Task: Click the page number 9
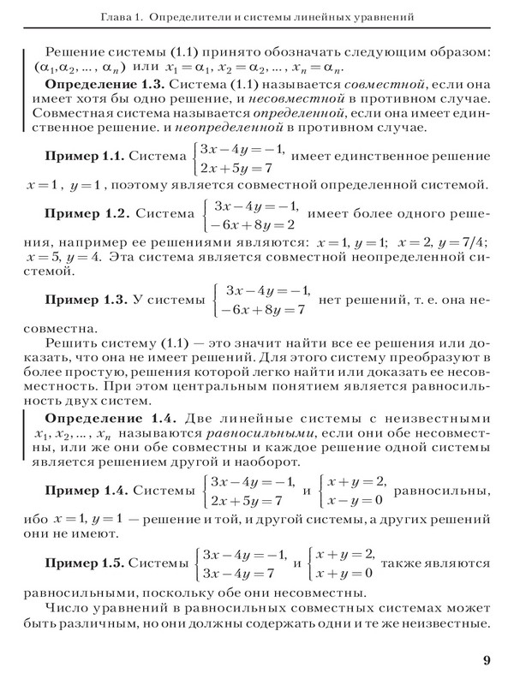coord(487,659)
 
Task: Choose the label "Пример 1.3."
coord(85,301)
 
